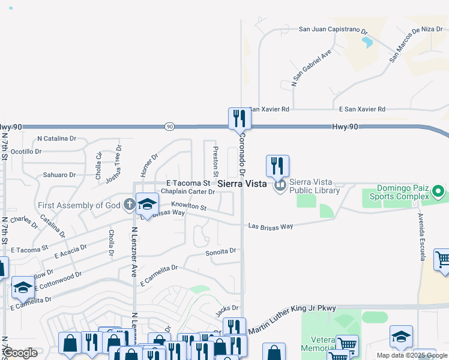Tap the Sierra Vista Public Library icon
(x=280, y=187)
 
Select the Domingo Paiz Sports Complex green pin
(x=438, y=192)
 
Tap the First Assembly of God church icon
(x=129, y=205)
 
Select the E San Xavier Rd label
(x=362, y=109)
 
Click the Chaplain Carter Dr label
(x=188, y=192)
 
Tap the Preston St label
(x=215, y=160)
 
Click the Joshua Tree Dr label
(x=113, y=164)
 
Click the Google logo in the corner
(x=20, y=353)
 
